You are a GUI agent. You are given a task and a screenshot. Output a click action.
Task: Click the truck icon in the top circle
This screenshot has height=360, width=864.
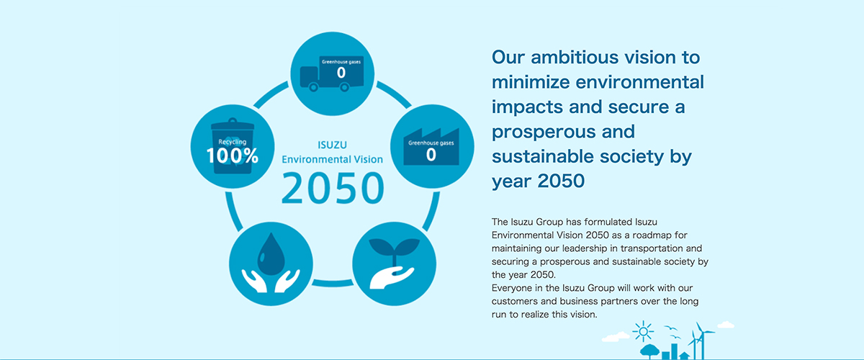(x=332, y=73)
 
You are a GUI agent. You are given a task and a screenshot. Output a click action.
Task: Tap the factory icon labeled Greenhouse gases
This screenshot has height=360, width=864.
(x=431, y=147)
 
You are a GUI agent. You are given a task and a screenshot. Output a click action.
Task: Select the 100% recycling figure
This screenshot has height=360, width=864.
(x=232, y=156)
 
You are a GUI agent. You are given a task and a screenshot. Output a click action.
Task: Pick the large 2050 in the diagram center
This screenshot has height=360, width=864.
(x=333, y=189)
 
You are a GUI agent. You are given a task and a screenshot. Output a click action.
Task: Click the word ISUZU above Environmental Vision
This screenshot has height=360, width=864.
(x=332, y=145)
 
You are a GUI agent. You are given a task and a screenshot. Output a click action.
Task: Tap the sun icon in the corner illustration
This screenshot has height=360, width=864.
(x=643, y=331)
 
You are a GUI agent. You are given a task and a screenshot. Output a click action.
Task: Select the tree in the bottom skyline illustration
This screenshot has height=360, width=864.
(x=649, y=351)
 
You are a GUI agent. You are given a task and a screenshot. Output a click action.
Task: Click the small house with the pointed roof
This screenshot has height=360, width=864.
(x=684, y=356)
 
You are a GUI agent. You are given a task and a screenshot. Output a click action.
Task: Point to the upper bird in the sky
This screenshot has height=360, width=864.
(x=670, y=328)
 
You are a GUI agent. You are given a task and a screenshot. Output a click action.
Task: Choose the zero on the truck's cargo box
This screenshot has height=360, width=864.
(x=341, y=73)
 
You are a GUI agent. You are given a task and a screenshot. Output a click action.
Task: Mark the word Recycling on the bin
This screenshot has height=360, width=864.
(x=232, y=142)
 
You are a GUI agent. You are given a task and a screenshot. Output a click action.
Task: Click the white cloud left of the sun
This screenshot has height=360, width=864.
(x=616, y=337)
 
